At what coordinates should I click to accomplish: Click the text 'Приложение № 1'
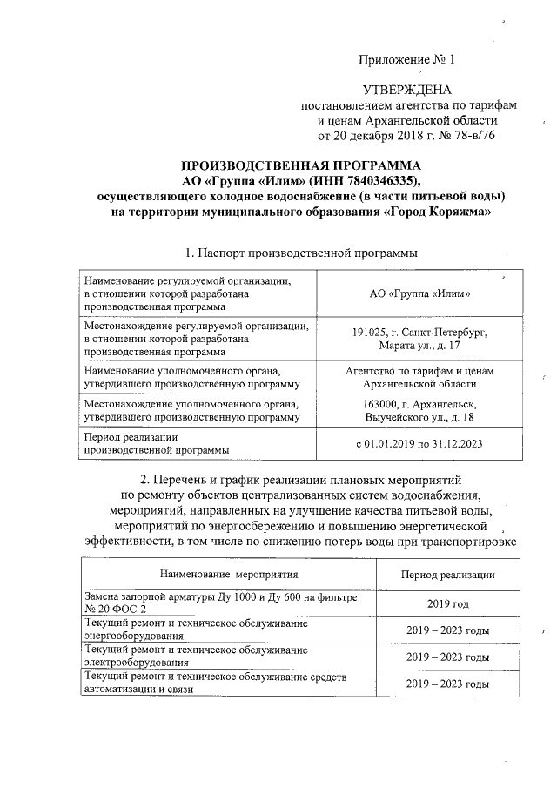407,60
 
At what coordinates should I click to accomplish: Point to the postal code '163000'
381,405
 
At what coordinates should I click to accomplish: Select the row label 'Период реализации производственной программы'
157,443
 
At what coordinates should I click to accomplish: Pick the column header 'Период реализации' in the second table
447,575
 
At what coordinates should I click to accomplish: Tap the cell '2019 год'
447,603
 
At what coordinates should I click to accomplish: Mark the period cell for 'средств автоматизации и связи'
447,684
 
